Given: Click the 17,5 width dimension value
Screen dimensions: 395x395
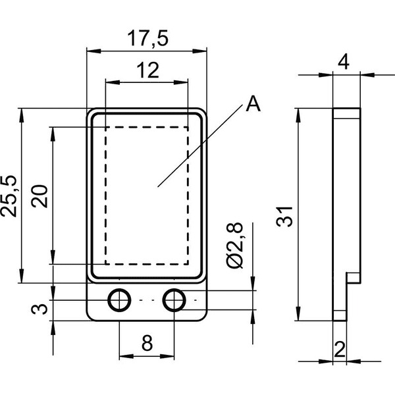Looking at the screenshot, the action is point(147,39).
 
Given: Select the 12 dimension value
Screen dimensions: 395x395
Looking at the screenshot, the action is point(148,70).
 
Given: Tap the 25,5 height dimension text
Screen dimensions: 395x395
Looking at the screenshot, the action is point(9,196).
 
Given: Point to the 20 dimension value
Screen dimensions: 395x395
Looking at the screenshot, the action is point(39,196).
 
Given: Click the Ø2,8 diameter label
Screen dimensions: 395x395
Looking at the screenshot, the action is point(235,246).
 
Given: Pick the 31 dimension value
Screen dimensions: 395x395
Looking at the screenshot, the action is point(284,217).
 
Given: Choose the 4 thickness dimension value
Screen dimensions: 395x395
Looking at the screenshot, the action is point(344,62).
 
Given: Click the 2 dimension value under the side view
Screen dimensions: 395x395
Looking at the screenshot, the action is point(340,350).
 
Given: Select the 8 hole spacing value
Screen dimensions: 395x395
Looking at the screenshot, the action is point(147,343).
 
